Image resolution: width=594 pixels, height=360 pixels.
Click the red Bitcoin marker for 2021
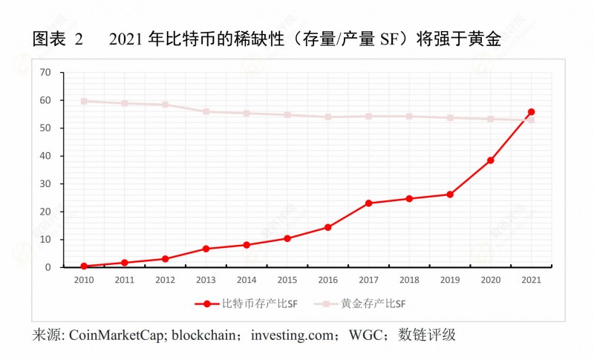point(531,112)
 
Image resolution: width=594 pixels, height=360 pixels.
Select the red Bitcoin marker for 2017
point(368,203)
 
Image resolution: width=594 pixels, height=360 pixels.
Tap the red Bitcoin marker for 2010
point(84,266)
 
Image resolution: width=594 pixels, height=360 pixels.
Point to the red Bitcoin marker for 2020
point(490,160)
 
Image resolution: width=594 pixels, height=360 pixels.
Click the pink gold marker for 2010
point(84,101)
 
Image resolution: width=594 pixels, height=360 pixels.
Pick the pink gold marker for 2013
point(206,111)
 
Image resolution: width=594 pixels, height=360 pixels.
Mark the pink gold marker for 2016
point(327,117)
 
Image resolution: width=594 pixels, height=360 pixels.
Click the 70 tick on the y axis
point(45,72)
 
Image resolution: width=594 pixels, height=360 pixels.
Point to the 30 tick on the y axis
point(45,183)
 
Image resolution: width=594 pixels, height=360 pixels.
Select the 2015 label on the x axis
point(287,281)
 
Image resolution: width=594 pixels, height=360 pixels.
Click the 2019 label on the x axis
point(449,281)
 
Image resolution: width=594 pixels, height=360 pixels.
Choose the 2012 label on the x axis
point(165,281)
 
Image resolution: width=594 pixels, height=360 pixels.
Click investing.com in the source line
point(292,335)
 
